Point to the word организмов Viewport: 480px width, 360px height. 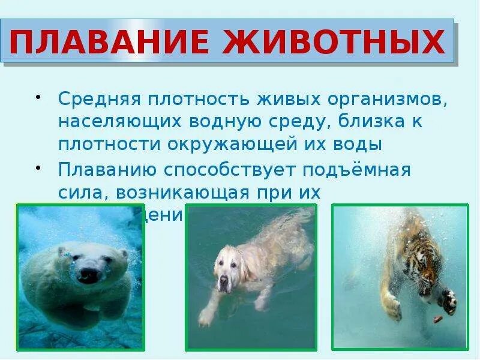pos(384,97)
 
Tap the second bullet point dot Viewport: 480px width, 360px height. pos(38,166)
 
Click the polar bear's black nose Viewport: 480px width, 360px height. pos(87,275)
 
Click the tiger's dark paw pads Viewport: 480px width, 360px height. pos(448,298)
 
